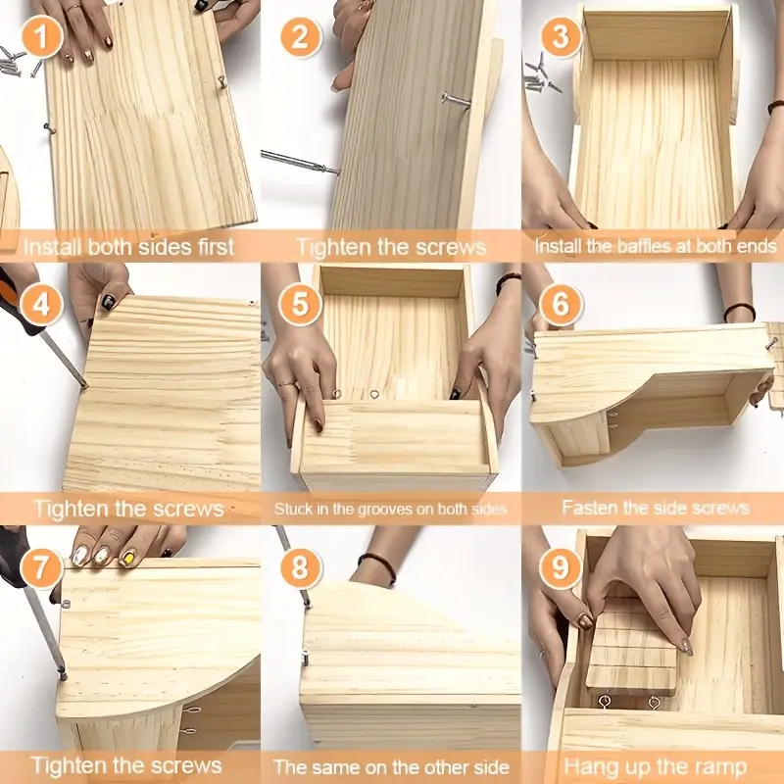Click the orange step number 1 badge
42,36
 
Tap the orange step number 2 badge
301,36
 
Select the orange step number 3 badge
561,36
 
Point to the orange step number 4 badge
42,305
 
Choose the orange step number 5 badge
300,305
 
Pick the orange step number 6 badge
561,305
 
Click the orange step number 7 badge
41,567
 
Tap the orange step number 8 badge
301,567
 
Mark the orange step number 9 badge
561,567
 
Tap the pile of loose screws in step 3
542,75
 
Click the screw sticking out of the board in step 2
456,100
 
